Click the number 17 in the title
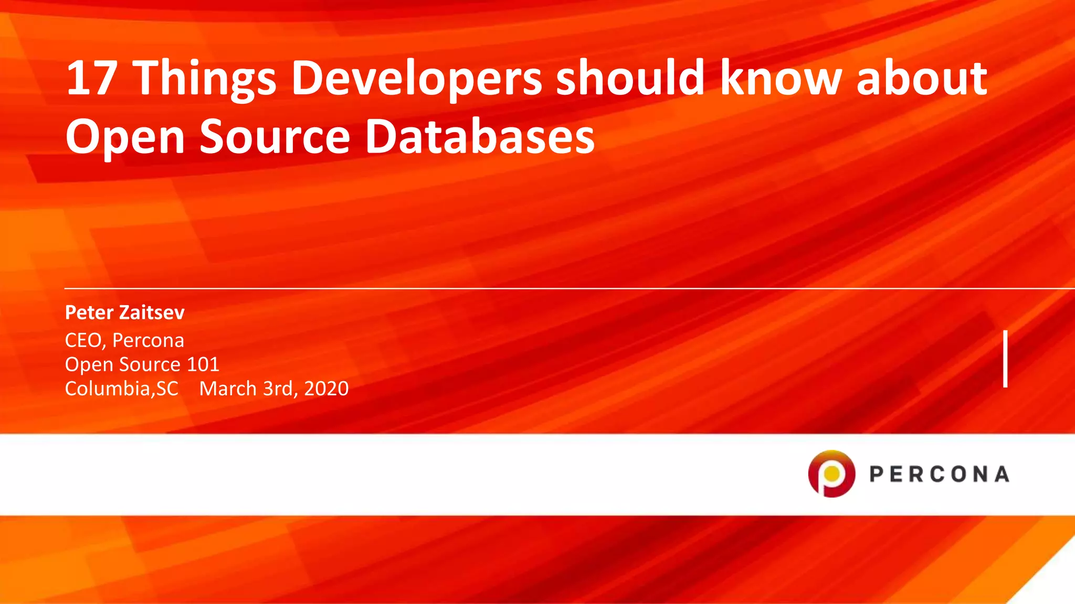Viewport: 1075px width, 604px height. click(x=91, y=79)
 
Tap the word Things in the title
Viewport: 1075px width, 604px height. click(x=206, y=79)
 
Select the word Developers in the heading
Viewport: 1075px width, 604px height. click(x=417, y=79)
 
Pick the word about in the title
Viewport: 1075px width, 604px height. click(x=922, y=79)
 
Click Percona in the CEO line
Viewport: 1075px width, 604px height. click(x=148, y=341)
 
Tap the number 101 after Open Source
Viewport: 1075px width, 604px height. click(x=203, y=364)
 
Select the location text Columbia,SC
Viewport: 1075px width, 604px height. click(x=121, y=389)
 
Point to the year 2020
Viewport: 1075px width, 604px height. click(x=326, y=389)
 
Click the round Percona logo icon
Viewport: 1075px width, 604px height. click(x=831, y=473)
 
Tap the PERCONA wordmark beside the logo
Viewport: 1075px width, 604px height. click(x=939, y=474)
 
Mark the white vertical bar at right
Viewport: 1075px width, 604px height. click(x=1005, y=359)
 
